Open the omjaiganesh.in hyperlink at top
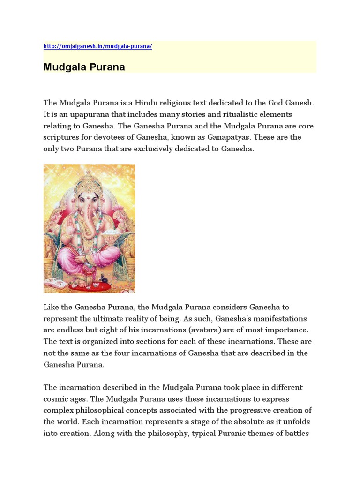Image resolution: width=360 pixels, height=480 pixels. [x=97, y=46]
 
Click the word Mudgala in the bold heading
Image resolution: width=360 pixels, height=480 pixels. [x=63, y=67]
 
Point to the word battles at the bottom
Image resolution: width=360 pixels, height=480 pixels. [x=296, y=433]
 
